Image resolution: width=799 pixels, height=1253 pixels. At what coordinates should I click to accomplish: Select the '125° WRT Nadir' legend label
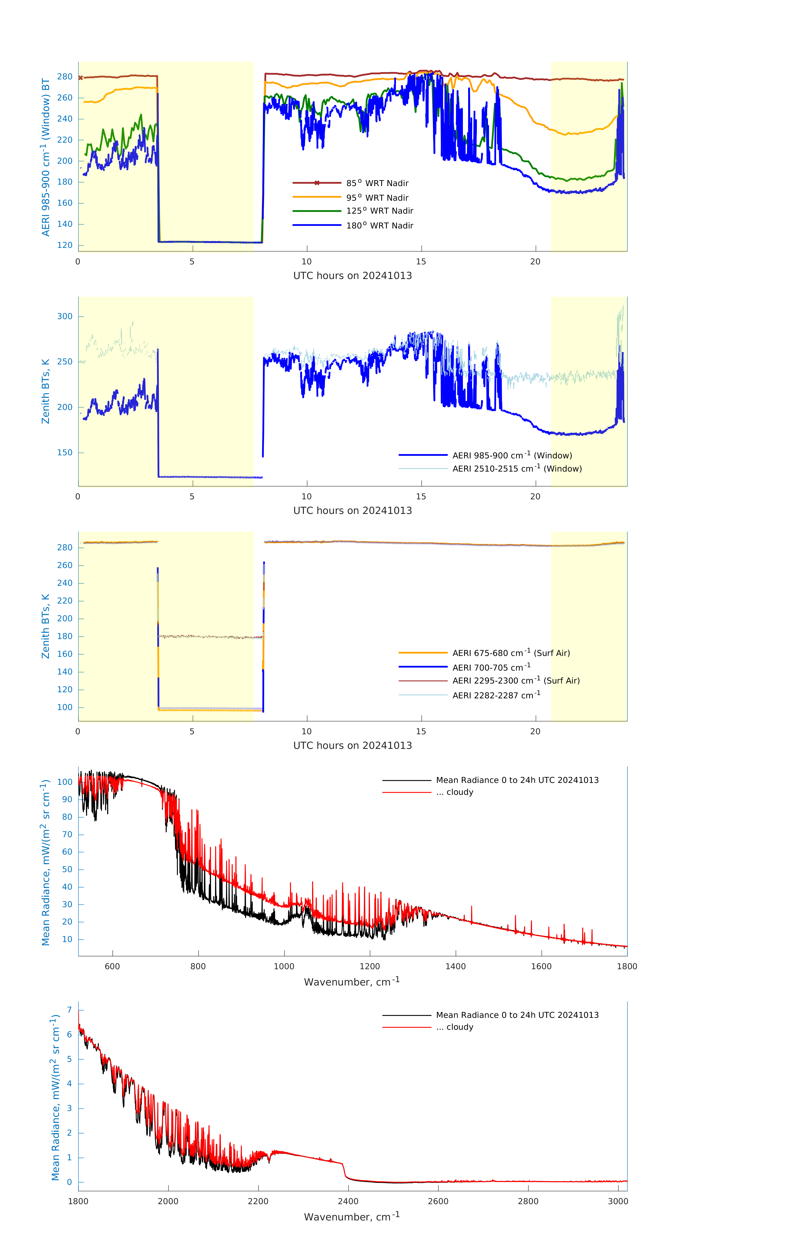(380, 211)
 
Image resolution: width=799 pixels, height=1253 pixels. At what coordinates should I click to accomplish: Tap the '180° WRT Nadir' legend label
(380, 225)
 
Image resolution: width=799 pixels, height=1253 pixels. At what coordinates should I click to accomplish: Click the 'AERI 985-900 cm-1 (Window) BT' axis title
(46, 157)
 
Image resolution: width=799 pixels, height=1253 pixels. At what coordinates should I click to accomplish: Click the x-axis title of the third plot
(352, 745)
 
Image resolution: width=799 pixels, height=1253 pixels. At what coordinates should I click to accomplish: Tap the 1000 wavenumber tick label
(284, 966)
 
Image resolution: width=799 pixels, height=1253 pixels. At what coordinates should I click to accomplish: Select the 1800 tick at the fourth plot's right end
(627, 966)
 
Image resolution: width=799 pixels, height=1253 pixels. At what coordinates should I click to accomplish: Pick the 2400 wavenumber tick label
(348, 1201)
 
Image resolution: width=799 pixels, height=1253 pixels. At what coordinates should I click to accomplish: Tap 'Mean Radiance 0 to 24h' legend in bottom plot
(517, 1015)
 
